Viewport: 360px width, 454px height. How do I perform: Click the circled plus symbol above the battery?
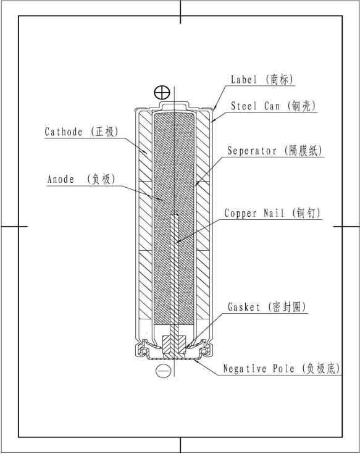pos(162,93)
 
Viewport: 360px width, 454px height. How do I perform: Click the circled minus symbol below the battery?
pos(164,371)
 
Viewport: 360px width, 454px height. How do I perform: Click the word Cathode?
pos(64,132)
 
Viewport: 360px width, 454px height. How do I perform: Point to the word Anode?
pos(61,179)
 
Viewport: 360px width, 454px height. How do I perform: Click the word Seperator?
pos(252,151)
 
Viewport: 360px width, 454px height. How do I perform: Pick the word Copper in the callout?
pos(240,213)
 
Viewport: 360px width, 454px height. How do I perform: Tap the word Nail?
pos(274,213)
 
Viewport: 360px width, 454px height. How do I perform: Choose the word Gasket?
pos(244,306)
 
